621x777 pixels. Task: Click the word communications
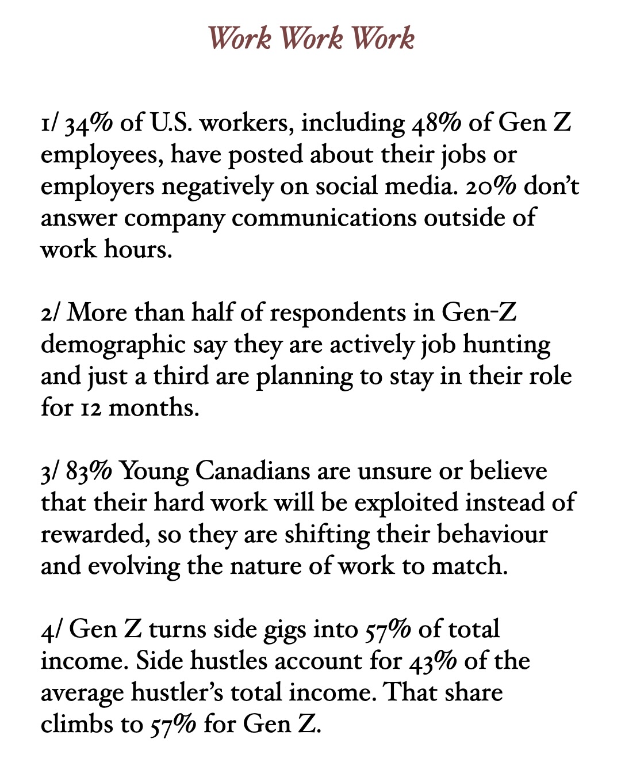[325, 218]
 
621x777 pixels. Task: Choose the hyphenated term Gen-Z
[479, 313]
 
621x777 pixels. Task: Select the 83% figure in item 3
[89, 471]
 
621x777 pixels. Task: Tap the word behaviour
[492, 535]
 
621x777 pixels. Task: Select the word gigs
[285, 630]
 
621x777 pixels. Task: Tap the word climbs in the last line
[77, 725]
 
